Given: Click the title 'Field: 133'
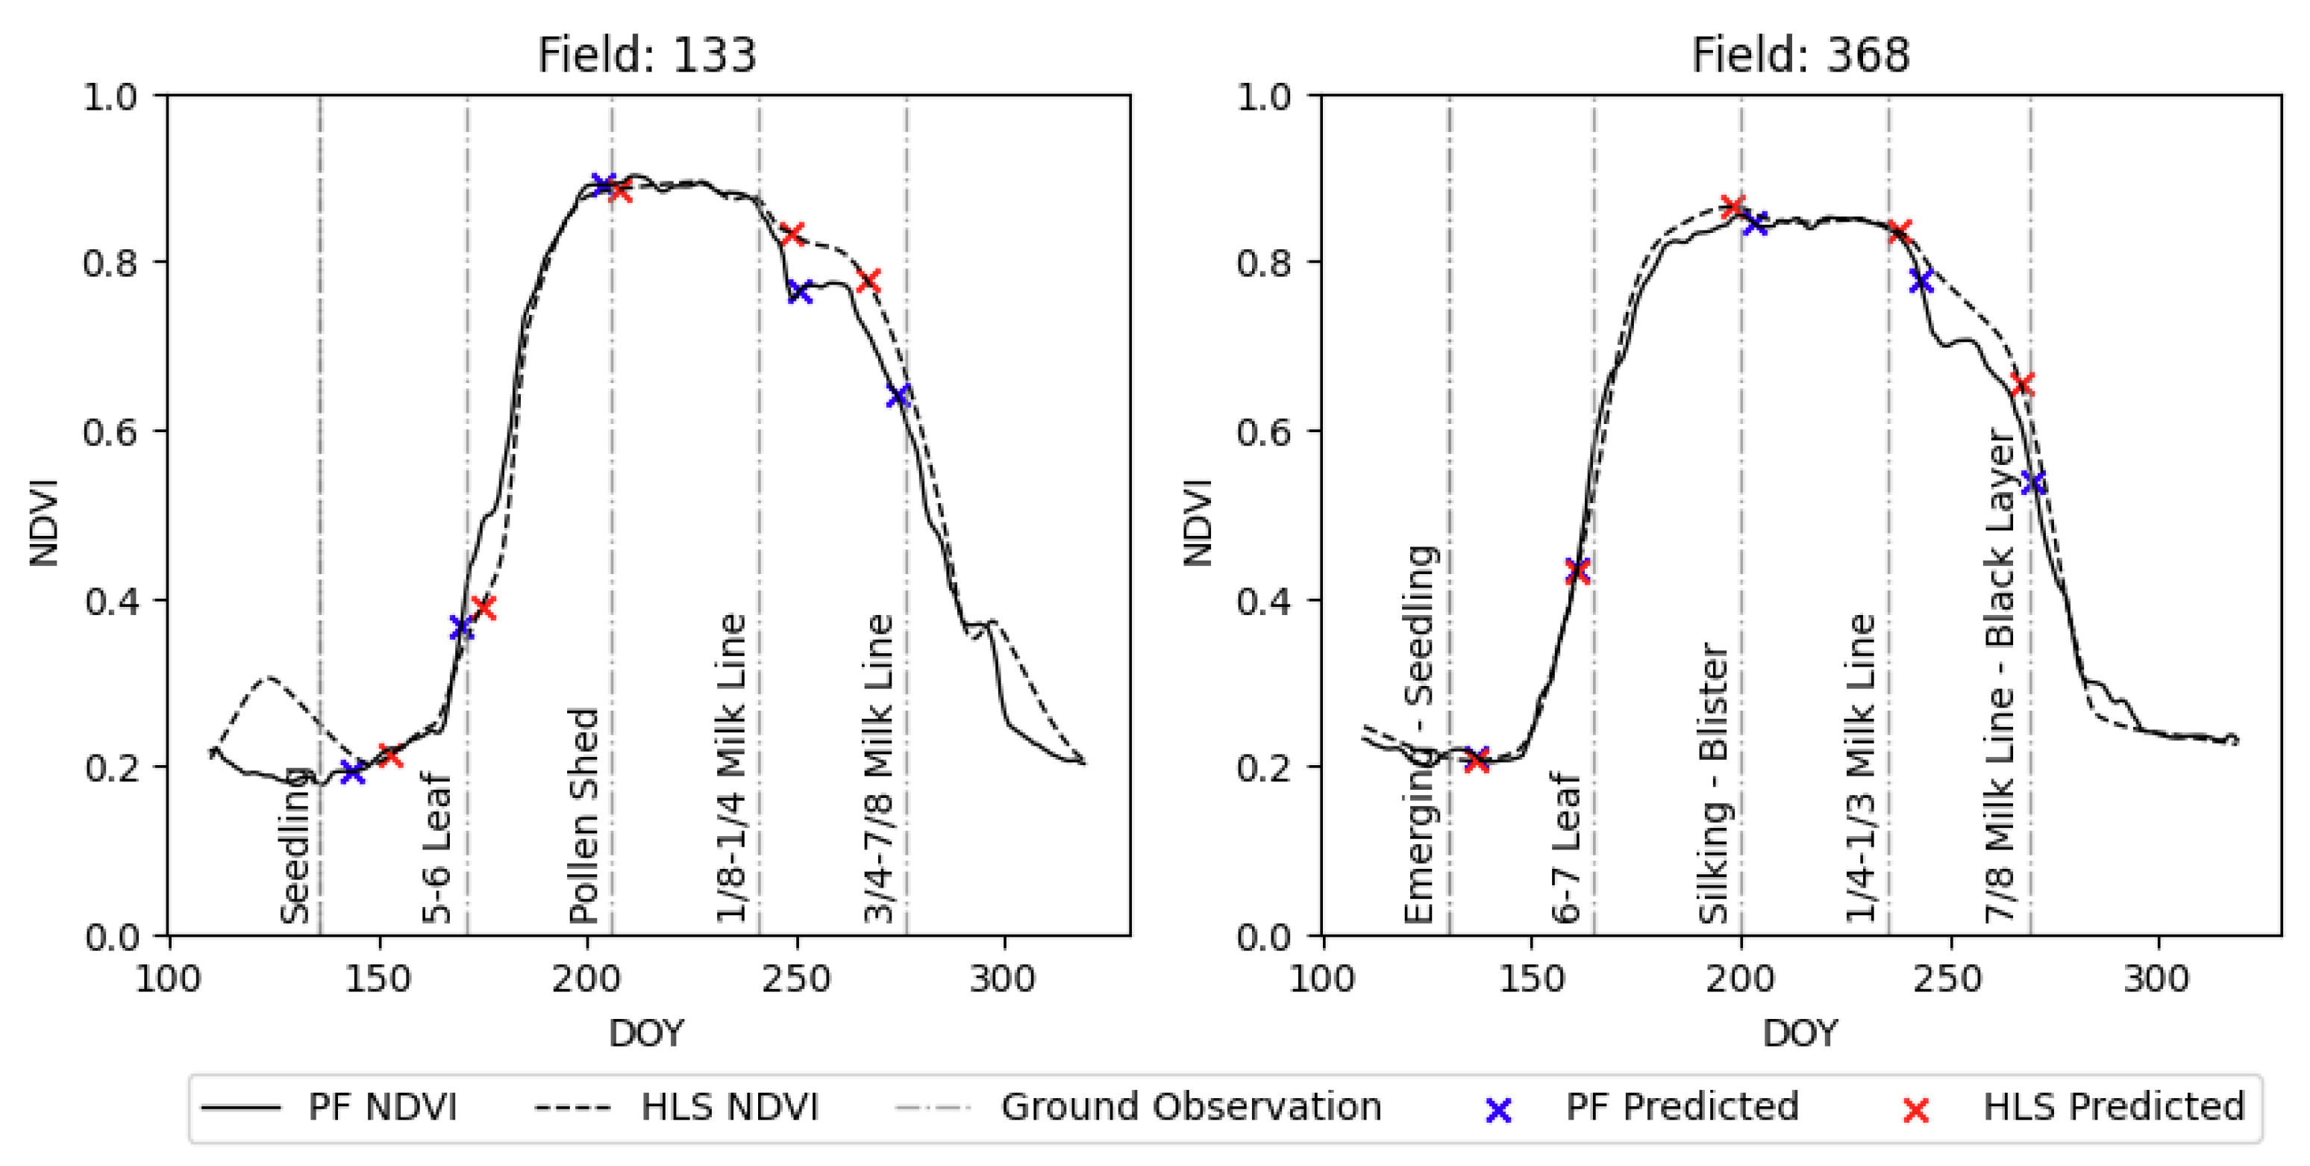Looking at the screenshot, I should click(x=647, y=55).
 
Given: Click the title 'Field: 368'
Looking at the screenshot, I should click(x=1800, y=55).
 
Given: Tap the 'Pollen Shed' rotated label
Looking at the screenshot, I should click(x=583, y=816).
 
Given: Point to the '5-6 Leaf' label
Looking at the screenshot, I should click(x=436, y=847).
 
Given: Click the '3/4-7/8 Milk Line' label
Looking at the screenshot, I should click(x=879, y=769).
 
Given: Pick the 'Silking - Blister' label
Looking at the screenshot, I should click(x=1714, y=783).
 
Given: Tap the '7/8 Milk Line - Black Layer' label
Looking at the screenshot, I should click(x=2000, y=677).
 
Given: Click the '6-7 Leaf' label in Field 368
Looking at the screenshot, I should click(x=1565, y=847).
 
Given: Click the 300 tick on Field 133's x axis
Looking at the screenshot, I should click(x=1004, y=978).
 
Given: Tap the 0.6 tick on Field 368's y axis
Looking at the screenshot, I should click(x=1265, y=431).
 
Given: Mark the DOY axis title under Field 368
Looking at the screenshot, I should click(x=1800, y=1033).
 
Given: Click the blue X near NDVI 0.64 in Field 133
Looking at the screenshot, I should click(x=898, y=396).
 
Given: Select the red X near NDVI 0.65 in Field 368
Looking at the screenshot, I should click(x=2022, y=384).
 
